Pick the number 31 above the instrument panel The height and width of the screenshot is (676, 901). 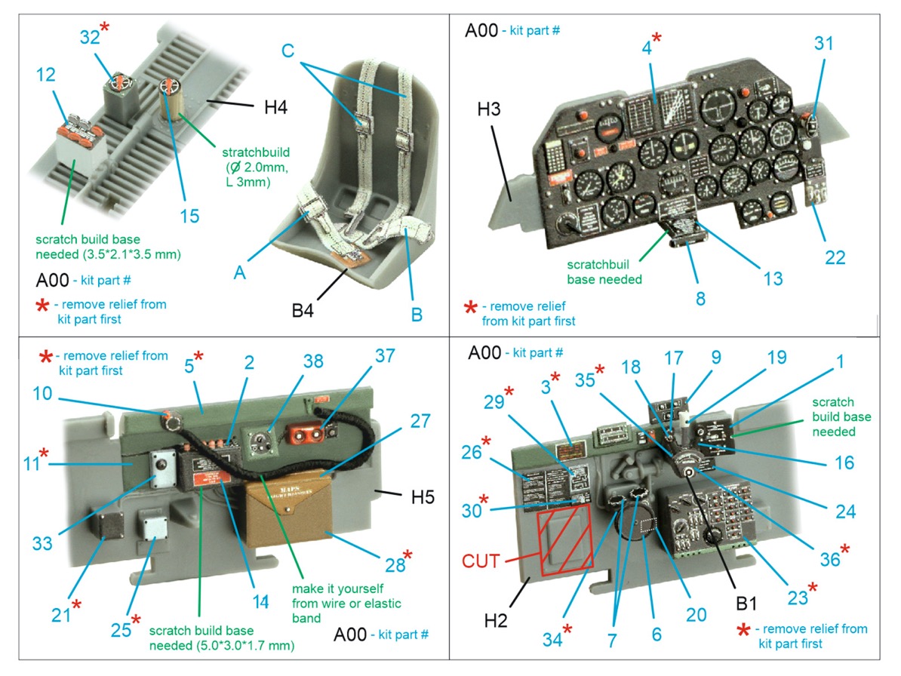click(824, 43)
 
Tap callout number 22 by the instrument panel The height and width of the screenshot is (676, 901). click(835, 257)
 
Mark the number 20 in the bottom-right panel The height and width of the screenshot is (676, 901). click(696, 615)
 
